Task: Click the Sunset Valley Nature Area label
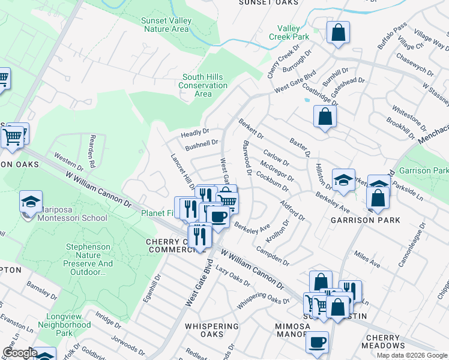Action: click(x=166, y=25)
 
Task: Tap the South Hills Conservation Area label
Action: click(x=205, y=86)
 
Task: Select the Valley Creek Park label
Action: click(x=293, y=32)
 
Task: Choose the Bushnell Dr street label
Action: click(x=201, y=144)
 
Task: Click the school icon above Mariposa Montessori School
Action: click(x=31, y=202)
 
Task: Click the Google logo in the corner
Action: click(x=19, y=353)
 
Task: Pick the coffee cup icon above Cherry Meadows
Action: click(x=317, y=342)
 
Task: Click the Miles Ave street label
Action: click(x=367, y=259)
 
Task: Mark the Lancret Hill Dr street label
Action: click(x=182, y=172)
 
